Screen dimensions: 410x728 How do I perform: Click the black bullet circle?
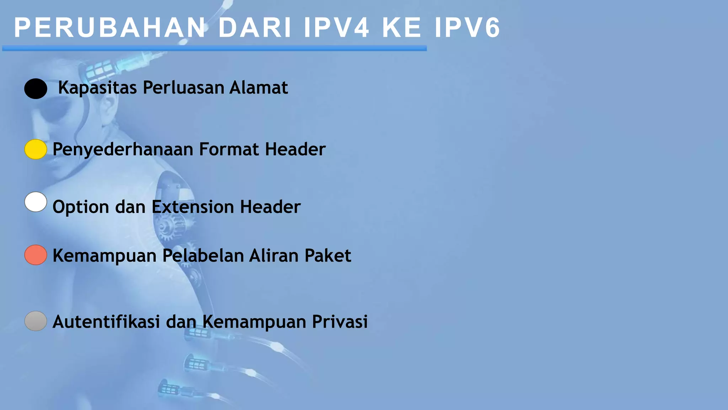pyautogui.click(x=36, y=89)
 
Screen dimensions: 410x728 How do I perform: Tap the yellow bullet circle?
pyautogui.click(x=36, y=149)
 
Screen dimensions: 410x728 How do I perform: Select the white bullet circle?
pyautogui.click(x=36, y=202)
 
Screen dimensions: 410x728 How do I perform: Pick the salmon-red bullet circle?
pyautogui.click(x=36, y=255)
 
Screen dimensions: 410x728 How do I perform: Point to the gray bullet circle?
pyautogui.click(x=36, y=321)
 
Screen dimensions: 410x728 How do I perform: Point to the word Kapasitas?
pyautogui.click(x=97, y=88)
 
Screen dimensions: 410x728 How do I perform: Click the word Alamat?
pyautogui.click(x=258, y=88)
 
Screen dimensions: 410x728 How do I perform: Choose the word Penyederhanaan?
pyautogui.click(x=123, y=149)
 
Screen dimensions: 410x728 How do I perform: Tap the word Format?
pyautogui.click(x=229, y=149)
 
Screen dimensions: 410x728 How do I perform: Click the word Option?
pyautogui.click(x=81, y=207)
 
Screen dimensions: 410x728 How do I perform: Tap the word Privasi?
pyautogui.click(x=340, y=322)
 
